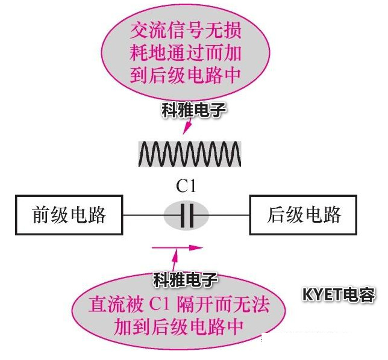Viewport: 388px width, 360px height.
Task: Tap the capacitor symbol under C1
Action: point(187,216)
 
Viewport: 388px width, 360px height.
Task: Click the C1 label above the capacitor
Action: point(186,188)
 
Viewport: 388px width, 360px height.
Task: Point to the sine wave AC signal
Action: point(190,154)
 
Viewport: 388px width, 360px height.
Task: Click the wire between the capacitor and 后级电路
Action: point(230,216)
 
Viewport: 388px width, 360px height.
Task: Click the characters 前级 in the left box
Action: point(50,215)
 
